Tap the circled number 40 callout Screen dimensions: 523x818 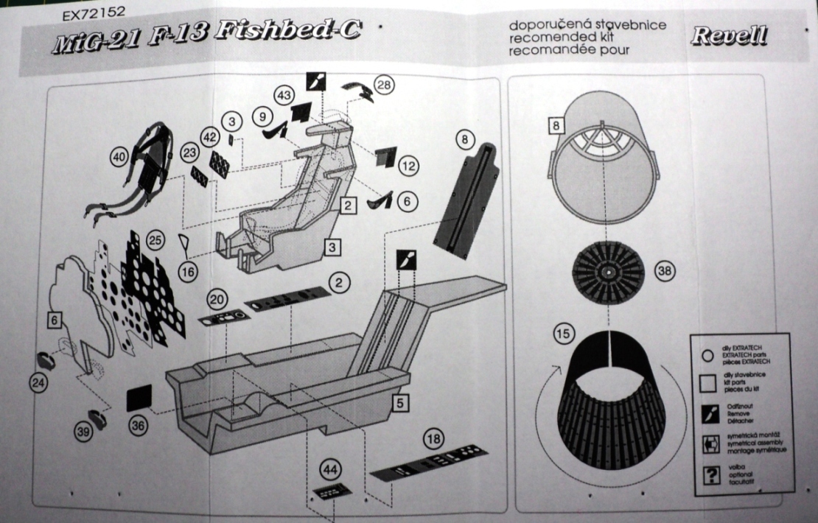[119, 157]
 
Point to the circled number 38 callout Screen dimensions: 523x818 [664, 272]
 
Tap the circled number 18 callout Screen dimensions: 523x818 [434, 439]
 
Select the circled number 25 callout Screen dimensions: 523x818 [155, 240]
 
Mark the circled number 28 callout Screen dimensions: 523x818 [384, 84]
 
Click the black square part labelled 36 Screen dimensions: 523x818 [139, 398]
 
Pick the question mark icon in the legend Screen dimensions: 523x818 [712, 475]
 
